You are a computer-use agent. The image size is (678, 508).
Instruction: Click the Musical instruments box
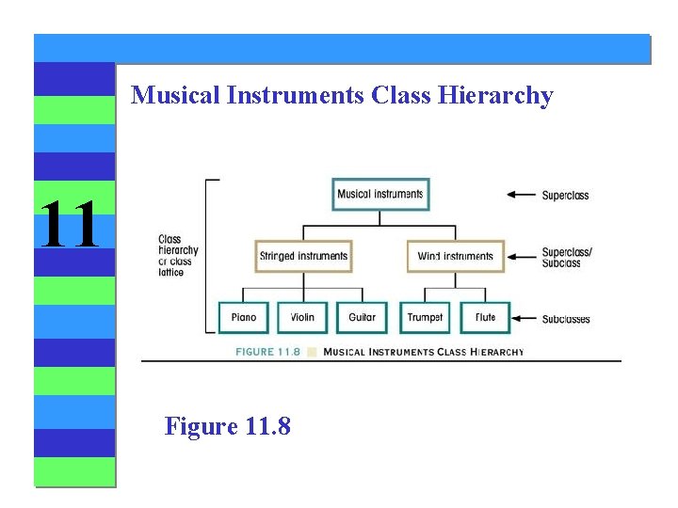click(x=380, y=195)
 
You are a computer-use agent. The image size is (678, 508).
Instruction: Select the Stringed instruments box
click(x=303, y=256)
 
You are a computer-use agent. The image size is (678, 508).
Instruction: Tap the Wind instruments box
click(x=456, y=256)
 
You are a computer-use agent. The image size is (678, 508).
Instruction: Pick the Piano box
click(x=243, y=318)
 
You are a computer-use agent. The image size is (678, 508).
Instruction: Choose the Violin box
click(x=302, y=318)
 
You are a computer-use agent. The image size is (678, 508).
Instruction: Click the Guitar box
click(x=362, y=318)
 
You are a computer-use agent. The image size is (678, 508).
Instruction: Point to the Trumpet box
click(x=425, y=318)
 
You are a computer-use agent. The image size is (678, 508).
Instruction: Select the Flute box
click(x=485, y=318)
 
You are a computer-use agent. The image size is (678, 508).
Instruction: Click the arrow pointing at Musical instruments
click(x=521, y=195)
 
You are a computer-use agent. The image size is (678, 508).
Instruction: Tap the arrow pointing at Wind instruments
click(x=521, y=256)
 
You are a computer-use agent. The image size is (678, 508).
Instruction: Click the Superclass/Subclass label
click(x=567, y=257)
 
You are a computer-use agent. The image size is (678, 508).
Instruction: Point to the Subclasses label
click(x=566, y=319)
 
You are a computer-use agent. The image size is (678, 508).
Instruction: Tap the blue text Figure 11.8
click(x=228, y=426)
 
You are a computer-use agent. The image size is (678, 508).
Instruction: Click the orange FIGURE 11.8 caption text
click(x=267, y=352)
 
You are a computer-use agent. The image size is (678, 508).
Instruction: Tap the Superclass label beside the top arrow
click(x=565, y=196)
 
